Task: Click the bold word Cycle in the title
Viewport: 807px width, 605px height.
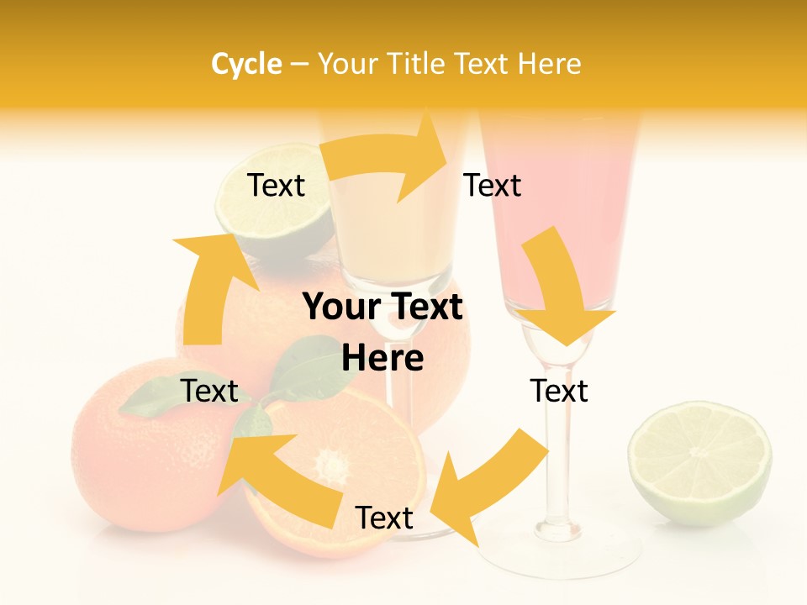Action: pos(246,64)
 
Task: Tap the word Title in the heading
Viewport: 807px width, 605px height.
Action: pos(419,64)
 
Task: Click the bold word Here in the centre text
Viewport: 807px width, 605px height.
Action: pos(382,358)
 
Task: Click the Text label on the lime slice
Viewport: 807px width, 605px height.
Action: pos(276,185)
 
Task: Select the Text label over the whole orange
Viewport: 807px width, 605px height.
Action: pos(209,391)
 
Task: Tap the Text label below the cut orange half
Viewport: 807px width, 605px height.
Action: pos(384,518)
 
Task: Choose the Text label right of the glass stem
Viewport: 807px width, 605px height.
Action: pos(559,391)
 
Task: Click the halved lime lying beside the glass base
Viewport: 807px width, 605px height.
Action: pos(699,462)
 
